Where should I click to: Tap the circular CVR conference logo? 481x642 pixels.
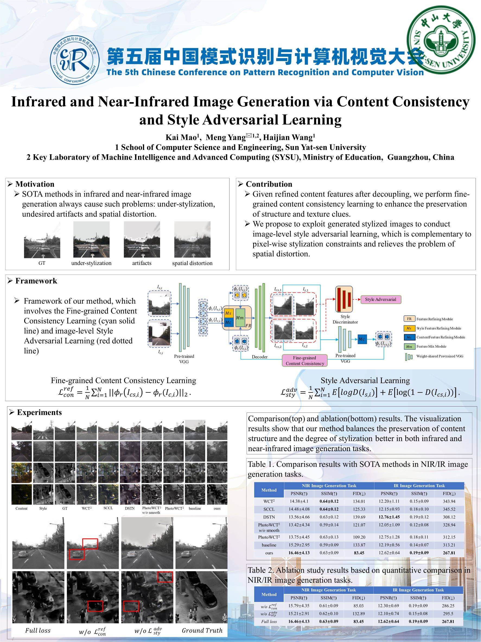click(x=75, y=60)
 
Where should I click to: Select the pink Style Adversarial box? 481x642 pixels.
click(x=380, y=300)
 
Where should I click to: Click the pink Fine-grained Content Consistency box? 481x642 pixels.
click(x=304, y=360)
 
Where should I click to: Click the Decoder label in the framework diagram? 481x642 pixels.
click(x=260, y=357)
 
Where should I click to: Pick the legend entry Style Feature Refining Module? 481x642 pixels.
click(x=438, y=328)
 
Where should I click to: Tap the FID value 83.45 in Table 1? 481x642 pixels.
click(x=359, y=553)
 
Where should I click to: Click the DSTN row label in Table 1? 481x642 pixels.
click(x=269, y=517)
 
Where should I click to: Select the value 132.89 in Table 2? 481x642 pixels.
click(x=359, y=613)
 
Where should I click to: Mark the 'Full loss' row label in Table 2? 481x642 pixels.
click(x=269, y=621)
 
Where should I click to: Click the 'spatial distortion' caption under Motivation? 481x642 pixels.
click(x=192, y=263)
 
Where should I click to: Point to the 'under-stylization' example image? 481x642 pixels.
click(x=91, y=240)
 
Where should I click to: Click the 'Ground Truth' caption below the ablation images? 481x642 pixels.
click(x=202, y=630)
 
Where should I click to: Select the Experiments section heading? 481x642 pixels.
click(x=39, y=413)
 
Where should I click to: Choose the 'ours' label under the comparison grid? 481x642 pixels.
click(x=217, y=508)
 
